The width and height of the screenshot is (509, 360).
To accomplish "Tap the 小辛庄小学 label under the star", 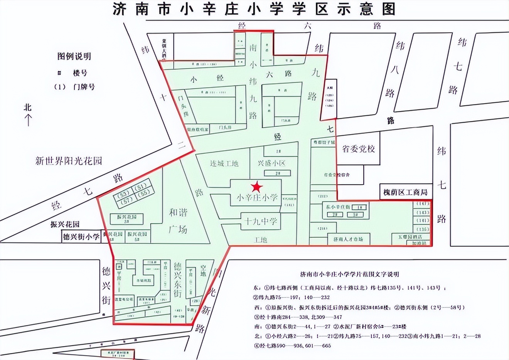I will tap(256, 198).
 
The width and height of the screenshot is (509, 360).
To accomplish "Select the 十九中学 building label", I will tap(260, 222).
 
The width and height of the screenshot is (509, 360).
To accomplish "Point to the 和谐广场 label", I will tap(178, 220).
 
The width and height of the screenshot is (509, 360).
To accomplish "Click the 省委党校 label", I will tap(358, 149).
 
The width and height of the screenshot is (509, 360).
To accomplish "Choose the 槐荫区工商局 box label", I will tap(405, 192).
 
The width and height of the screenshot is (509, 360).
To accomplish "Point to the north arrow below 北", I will tap(27, 120).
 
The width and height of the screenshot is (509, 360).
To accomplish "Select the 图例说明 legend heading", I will tap(74, 57).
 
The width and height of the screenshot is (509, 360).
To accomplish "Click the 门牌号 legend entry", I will tap(84, 87).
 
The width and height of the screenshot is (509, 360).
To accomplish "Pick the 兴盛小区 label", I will tap(272, 163).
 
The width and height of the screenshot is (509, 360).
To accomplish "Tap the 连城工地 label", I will tap(224, 163).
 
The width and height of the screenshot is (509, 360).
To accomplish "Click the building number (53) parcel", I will tap(124, 194).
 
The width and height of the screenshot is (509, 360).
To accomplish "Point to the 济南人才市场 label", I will tap(348, 239).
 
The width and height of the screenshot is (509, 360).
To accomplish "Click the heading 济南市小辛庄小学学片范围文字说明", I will tap(349, 274).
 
